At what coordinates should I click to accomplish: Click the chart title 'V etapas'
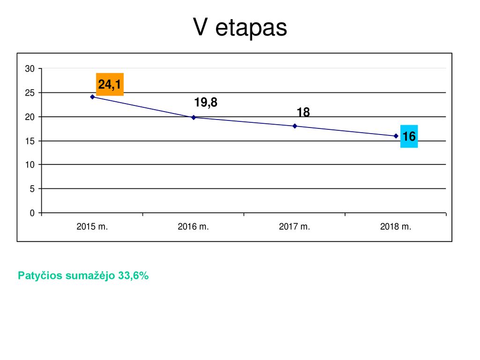(240, 27)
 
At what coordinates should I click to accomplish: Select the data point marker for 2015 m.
(92, 97)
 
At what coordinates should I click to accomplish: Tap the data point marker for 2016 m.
(194, 118)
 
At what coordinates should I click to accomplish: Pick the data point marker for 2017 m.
(295, 126)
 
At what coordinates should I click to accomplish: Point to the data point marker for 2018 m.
(396, 136)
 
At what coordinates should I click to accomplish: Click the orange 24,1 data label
(110, 84)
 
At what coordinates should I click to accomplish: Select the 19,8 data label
(206, 102)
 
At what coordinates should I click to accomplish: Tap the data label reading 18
(303, 112)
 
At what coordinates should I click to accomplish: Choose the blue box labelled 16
(409, 136)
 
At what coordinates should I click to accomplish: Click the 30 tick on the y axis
(30, 68)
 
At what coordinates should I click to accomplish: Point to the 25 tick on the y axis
(30, 93)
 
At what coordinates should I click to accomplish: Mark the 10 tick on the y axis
(30, 165)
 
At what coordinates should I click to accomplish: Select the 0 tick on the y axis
(32, 213)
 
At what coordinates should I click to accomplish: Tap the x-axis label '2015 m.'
(92, 226)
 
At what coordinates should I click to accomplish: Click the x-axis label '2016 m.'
(193, 226)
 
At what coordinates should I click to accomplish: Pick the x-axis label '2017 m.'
(294, 226)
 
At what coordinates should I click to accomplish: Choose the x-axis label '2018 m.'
(396, 226)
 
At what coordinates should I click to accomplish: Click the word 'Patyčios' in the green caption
(40, 276)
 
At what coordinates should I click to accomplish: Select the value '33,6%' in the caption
(134, 276)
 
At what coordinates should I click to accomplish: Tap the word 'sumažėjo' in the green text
(90, 276)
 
